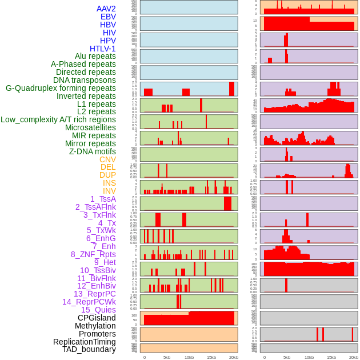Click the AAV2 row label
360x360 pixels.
click(x=106, y=9)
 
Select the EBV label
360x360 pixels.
click(x=108, y=17)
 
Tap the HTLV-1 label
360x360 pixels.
click(x=103, y=49)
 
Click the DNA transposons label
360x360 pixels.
click(x=85, y=80)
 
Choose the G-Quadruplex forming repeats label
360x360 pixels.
click(x=61, y=88)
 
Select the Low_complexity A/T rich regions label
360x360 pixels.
click(x=58, y=119)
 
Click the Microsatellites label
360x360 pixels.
click(x=90, y=127)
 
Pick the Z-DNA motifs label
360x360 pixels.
click(x=93, y=151)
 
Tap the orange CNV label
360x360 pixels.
click(x=107, y=159)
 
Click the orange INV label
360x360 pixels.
click(x=109, y=191)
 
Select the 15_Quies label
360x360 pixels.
click(x=98, y=310)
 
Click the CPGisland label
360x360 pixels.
click(x=97, y=318)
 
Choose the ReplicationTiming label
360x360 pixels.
click(x=85, y=342)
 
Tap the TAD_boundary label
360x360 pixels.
click(x=89, y=349)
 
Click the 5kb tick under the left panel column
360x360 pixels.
click(x=167, y=357)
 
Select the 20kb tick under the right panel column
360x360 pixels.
click(x=354, y=357)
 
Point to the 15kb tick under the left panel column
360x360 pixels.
click(x=211, y=357)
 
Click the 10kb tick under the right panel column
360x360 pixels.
click(x=309, y=357)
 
